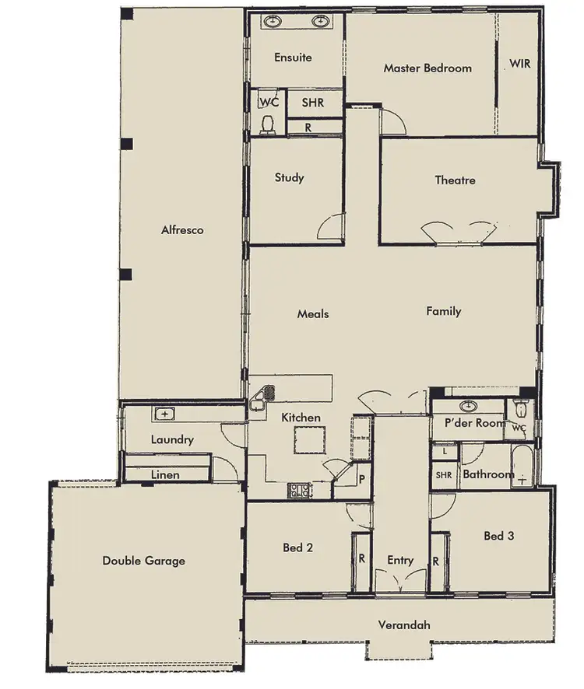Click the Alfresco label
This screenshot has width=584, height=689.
[182, 230]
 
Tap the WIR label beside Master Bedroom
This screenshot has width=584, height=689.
[519, 64]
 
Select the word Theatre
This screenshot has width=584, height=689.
[455, 180]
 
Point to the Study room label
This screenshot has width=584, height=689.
[289, 178]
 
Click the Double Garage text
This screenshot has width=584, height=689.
[143, 561]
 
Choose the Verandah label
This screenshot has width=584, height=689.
[404, 625]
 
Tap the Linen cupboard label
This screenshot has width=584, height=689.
[165, 474]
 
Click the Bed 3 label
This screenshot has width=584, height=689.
[498, 536]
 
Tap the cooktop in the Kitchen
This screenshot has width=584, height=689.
[300, 490]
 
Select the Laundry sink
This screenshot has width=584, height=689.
[165, 414]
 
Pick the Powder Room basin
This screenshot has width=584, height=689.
[468, 406]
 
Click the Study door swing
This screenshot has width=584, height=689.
[332, 228]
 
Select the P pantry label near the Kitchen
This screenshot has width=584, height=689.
[361, 479]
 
